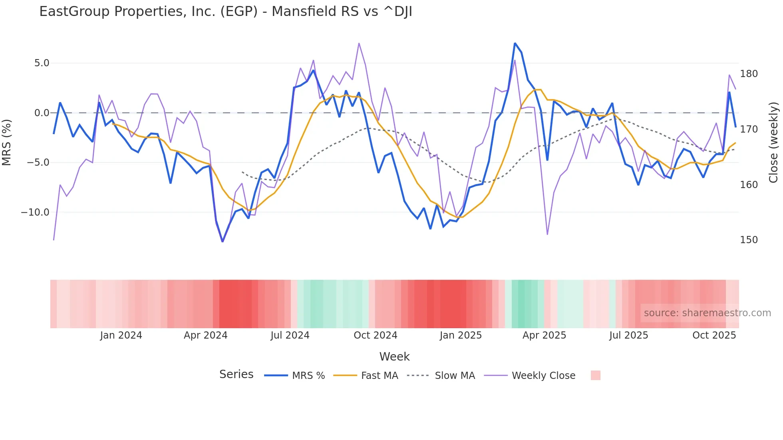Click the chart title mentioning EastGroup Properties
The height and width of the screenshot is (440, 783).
click(x=226, y=12)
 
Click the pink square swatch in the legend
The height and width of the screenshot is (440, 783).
click(x=595, y=375)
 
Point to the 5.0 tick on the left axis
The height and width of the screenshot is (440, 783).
click(x=42, y=63)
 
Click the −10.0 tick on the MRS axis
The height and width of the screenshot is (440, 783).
click(x=35, y=212)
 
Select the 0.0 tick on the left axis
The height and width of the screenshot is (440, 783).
click(x=42, y=113)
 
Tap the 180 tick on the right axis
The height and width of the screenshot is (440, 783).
click(x=749, y=74)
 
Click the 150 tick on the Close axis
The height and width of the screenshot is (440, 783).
click(x=749, y=240)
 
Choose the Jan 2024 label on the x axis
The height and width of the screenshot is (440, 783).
click(x=121, y=335)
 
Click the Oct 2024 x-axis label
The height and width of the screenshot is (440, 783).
click(x=376, y=335)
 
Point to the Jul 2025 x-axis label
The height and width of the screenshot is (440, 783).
click(x=628, y=335)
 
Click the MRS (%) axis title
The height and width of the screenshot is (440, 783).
click(x=7, y=143)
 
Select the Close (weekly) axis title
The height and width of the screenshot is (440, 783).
click(x=773, y=143)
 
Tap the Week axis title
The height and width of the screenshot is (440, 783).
click(x=394, y=357)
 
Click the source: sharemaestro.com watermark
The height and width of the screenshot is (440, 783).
click(x=707, y=313)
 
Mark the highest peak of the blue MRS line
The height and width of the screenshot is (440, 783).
click(x=515, y=43)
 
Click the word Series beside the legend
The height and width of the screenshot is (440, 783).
click(x=236, y=375)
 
